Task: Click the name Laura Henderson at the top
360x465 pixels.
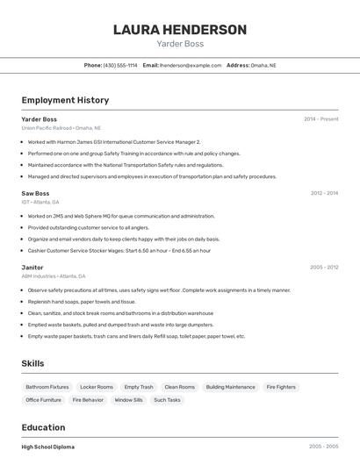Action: coord(180,30)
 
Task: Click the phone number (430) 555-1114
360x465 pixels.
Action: coord(120,65)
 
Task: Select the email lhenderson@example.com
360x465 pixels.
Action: coord(191,65)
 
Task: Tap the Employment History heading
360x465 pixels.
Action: coord(65,100)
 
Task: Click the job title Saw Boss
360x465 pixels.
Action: coord(35,193)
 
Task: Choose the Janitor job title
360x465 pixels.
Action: coord(32,267)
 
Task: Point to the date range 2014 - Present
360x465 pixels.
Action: coord(320,119)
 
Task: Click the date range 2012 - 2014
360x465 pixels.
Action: coord(324,193)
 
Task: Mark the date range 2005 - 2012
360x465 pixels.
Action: coord(324,267)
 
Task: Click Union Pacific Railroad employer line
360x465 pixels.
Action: coord(61,128)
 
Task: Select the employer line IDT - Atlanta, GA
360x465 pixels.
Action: coord(40,202)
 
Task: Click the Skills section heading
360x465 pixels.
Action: coord(33,363)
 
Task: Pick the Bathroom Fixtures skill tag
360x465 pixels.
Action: coord(47,387)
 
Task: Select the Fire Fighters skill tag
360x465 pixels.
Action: coord(281,387)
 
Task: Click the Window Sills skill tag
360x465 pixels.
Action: coord(128,400)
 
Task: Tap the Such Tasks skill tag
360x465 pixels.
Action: coord(167,400)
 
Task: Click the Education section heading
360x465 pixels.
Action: coord(43,427)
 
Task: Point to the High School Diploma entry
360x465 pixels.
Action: coord(48,447)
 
